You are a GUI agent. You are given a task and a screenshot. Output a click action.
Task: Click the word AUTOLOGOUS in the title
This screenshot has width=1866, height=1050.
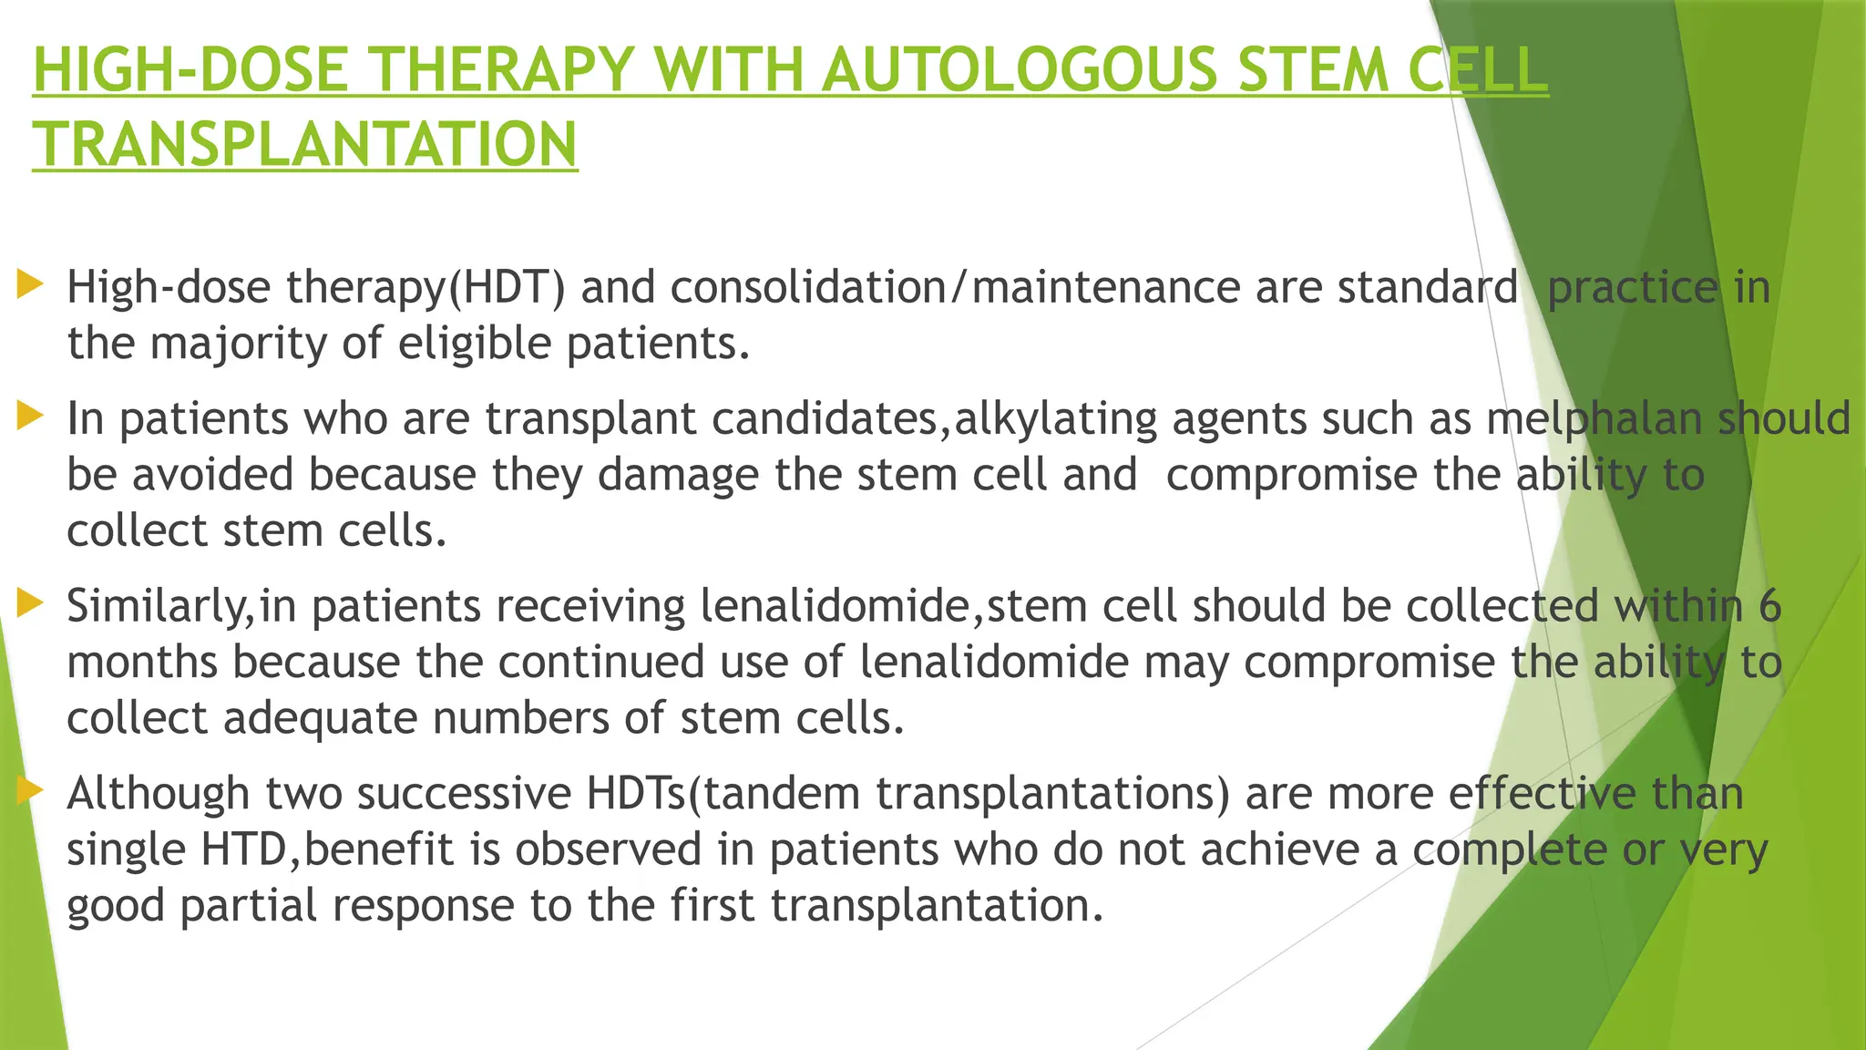tap(1019, 70)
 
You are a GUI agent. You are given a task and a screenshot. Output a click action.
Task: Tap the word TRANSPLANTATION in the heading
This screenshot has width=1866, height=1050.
tap(305, 145)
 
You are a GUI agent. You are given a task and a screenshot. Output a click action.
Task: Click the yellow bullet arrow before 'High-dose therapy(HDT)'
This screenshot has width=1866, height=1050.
tap(30, 284)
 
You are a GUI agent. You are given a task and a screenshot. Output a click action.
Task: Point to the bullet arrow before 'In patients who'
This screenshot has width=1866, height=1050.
tap(30, 417)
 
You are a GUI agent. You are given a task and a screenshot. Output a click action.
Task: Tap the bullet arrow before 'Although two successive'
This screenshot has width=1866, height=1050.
tap(30, 790)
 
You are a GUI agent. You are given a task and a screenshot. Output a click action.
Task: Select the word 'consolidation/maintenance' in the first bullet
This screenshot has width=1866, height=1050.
tap(956, 287)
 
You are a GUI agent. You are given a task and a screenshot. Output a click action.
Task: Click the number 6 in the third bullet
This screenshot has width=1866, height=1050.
tap(1769, 606)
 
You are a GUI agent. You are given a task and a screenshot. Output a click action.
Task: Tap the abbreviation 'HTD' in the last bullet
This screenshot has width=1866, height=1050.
tap(243, 849)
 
